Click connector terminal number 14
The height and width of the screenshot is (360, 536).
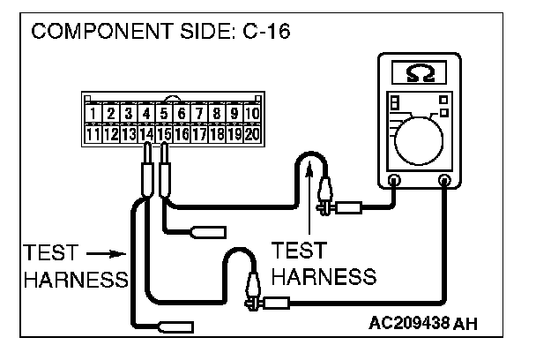pyautogui.click(x=145, y=135)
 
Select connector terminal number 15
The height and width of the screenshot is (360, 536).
pyautogui.click(x=164, y=135)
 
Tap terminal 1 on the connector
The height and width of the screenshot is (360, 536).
pyautogui.click(x=93, y=114)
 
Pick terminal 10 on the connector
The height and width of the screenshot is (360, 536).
pyautogui.click(x=253, y=114)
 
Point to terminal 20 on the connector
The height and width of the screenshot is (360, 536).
pyautogui.click(x=253, y=135)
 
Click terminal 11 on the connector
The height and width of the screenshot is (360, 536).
pyautogui.click(x=93, y=135)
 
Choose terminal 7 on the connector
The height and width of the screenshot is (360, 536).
pyautogui.click(x=199, y=114)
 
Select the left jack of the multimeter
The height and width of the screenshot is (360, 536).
pyautogui.click(x=393, y=181)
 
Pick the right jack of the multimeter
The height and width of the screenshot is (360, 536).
pyautogui.click(x=444, y=181)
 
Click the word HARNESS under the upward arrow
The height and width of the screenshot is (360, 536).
pyautogui.click(x=323, y=276)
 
